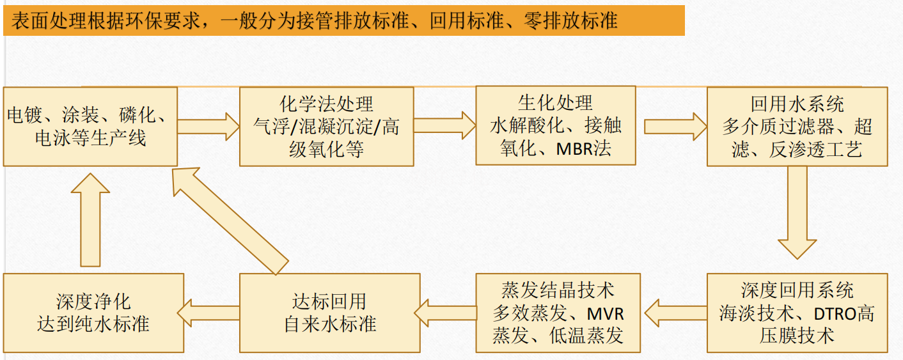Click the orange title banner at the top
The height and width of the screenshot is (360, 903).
click(344, 20)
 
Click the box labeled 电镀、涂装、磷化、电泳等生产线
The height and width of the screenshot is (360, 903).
click(90, 127)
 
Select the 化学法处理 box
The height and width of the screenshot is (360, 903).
click(327, 127)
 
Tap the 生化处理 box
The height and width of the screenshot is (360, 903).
click(556, 125)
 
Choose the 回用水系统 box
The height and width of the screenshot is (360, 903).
click(797, 127)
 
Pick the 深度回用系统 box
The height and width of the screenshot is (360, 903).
click(797, 313)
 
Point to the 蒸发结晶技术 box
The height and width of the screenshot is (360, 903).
click(558, 313)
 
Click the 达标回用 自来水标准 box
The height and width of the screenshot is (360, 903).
click(330, 313)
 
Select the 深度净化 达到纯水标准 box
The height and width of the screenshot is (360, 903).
click(93, 313)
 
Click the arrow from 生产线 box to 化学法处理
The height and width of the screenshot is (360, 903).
click(208, 127)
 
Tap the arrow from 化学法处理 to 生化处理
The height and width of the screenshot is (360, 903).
click(444, 125)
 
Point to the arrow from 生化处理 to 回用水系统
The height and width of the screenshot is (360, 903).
click(675, 127)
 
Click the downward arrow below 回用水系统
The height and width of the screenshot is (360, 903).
click(797, 212)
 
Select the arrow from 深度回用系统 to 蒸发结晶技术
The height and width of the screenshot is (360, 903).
click(675, 313)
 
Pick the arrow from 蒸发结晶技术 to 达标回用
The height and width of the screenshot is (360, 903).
click(446, 313)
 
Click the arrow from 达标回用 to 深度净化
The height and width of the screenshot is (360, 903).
click(208, 313)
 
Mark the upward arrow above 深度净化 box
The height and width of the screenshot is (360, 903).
click(90, 220)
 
